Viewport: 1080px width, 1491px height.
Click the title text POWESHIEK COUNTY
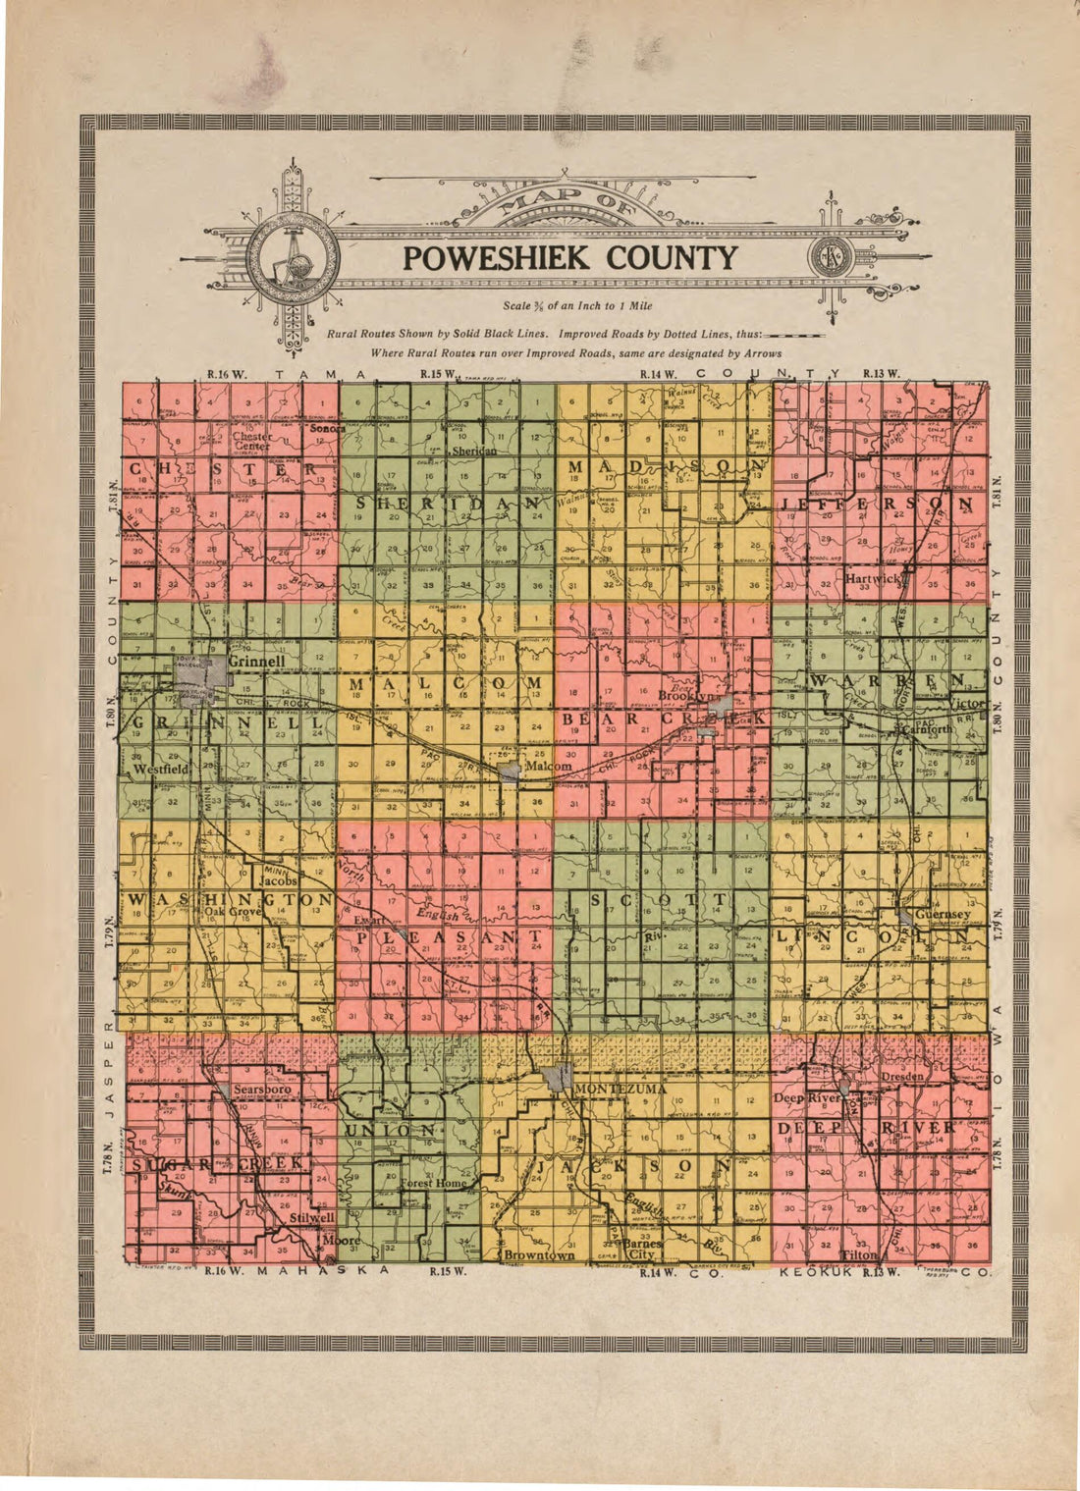click(x=569, y=258)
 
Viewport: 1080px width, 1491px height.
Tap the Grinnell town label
click(x=256, y=662)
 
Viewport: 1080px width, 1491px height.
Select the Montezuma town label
click(x=621, y=1090)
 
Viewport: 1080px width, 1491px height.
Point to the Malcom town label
click(x=548, y=766)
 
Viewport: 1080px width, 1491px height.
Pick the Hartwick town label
click(x=873, y=579)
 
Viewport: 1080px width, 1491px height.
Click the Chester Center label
click(x=252, y=442)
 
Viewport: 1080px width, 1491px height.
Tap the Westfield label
click(x=160, y=771)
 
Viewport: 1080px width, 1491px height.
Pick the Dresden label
click(x=902, y=1077)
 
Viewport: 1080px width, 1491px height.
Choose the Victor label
click(x=967, y=705)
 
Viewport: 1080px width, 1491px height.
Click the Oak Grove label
click(x=233, y=912)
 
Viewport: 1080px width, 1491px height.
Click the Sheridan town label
click(x=475, y=451)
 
